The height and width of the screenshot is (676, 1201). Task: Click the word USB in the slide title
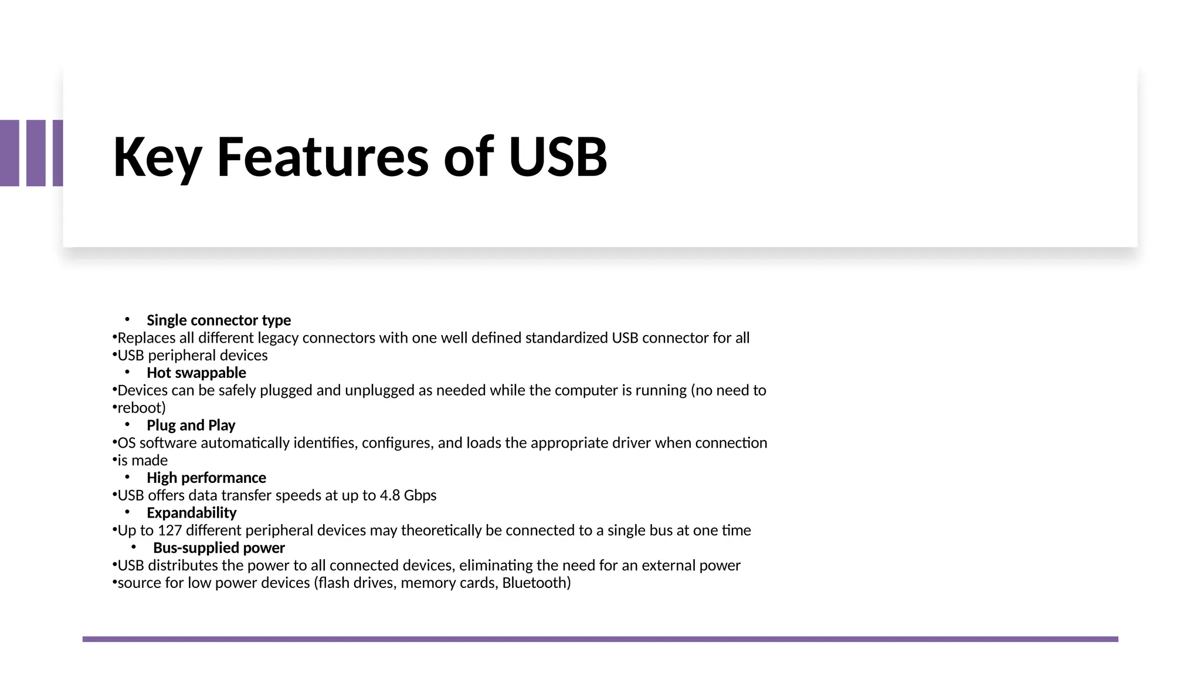(558, 157)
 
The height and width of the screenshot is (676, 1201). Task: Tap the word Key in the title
(157, 157)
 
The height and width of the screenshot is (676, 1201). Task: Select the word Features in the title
(323, 157)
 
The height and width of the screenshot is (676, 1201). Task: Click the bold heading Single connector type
(218, 320)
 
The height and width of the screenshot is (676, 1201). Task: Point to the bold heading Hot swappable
(196, 373)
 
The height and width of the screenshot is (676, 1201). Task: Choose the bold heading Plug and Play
(191, 425)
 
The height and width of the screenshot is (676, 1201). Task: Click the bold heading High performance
(206, 478)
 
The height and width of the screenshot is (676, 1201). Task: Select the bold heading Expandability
(191, 513)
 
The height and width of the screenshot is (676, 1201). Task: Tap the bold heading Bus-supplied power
(219, 548)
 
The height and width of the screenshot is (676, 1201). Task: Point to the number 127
(169, 530)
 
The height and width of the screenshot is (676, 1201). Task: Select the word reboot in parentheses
(140, 408)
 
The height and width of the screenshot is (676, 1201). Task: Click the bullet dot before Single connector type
(127, 320)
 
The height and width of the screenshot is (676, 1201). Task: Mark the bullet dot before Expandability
(127, 512)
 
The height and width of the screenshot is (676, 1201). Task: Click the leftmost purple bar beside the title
(9, 153)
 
